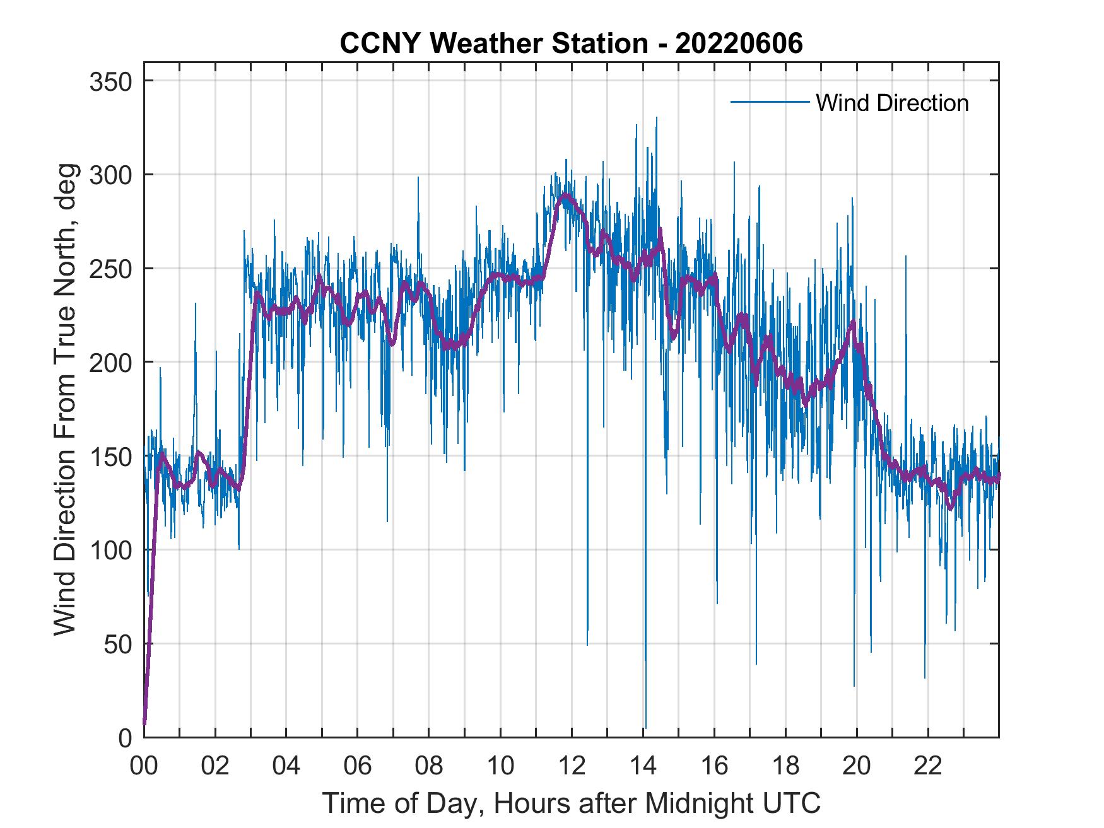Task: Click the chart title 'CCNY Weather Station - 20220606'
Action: [x=571, y=44]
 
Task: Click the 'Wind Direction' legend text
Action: [x=892, y=103]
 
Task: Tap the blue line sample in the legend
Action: [x=770, y=102]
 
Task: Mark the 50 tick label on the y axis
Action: [x=117, y=644]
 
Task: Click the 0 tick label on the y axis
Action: [x=125, y=737]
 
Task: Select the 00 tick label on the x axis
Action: [x=144, y=766]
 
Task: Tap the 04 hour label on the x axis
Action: [x=286, y=766]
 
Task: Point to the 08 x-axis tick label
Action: [x=429, y=766]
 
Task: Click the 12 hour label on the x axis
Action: [x=572, y=766]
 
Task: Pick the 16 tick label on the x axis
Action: [x=714, y=766]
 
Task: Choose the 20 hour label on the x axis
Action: [x=857, y=766]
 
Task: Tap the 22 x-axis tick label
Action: [x=928, y=766]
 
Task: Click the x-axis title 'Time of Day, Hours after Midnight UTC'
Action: [x=572, y=803]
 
